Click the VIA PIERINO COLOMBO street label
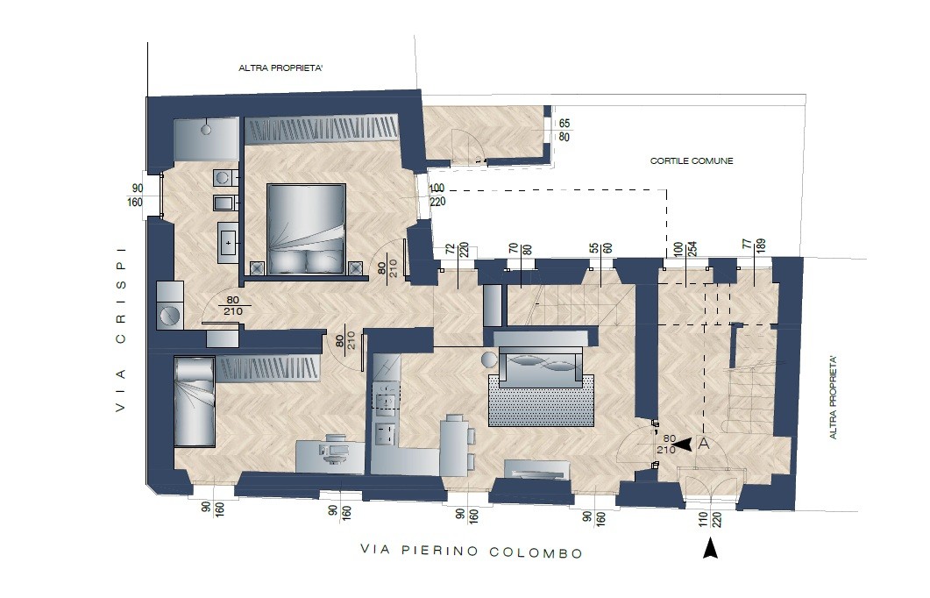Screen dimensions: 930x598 [472, 552]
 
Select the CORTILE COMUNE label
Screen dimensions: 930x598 [692, 160]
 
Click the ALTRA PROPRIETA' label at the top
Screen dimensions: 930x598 [280, 68]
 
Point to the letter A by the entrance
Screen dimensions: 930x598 [704, 444]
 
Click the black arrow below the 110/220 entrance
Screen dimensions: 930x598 [710, 547]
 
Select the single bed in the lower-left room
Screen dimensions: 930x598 [194, 402]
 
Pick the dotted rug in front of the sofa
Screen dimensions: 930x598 [541, 401]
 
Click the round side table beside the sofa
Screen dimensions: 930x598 [490, 360]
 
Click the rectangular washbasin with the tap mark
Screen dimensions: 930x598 [229, 242]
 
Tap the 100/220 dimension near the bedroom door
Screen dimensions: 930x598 [437, 196]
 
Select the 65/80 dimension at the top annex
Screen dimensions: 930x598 [564, 131]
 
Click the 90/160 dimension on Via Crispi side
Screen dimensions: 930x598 [135, 196]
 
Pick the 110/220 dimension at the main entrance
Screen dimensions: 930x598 [710, 520]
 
